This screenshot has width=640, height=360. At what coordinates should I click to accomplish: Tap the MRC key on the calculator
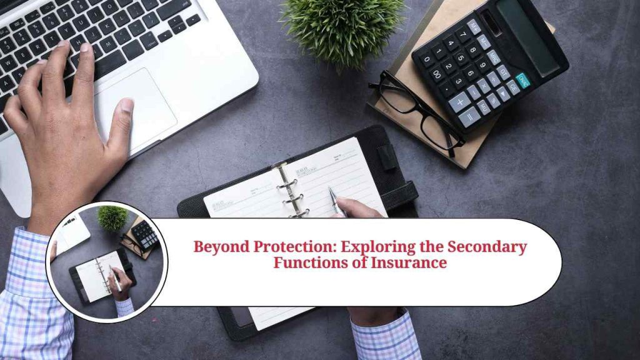(x=494, y=57)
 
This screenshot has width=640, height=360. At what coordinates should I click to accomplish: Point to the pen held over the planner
(x=336, y=201)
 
